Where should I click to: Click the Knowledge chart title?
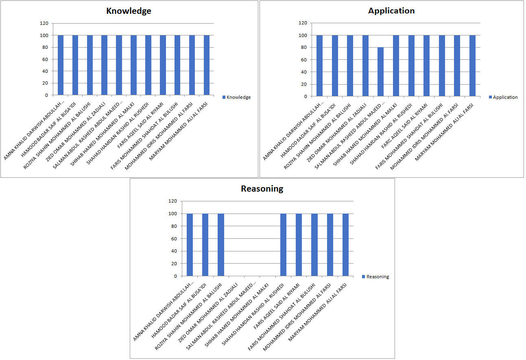tap(129, 11)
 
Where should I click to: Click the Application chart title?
tap(391, 11)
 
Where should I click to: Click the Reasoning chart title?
tap(262, 189)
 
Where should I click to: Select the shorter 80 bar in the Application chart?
tap(380, 72)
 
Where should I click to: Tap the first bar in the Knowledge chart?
tap(61, 65)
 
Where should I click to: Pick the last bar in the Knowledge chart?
tap(207, 65)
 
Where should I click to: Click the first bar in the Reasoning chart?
tap(190, 244)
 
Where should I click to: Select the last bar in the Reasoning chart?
tap(345, 244)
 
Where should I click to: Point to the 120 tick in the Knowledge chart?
tap(44, 24)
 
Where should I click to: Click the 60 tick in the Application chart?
tap(303, 60)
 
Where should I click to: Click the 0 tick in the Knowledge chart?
tap(46, 95)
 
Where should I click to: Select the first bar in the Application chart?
tap(319, 66)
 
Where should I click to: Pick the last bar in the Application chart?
tap(472, 66)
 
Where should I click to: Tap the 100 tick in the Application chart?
tap(302, 35)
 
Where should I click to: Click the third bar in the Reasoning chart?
tap(221, 244)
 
